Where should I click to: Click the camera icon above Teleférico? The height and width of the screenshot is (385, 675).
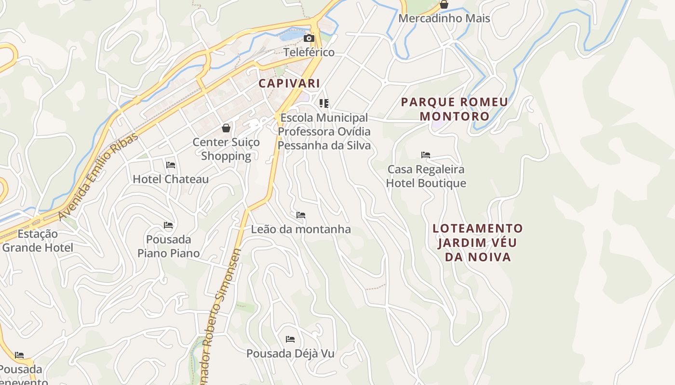tap(309, 38)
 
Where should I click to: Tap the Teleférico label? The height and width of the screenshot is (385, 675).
tap(309, 52)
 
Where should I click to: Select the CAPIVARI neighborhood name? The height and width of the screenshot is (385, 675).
tap(289, 83)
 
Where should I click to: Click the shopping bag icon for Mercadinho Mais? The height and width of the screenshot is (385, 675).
tap(444, 5)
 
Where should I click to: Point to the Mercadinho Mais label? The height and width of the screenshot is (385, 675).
tap(444, 19)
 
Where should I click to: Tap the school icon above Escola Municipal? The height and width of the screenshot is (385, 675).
tap(324, 103)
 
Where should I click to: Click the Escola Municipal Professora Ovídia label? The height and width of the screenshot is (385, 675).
tap(324, 131)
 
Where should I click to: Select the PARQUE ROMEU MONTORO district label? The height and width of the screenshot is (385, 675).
tap(454, 109)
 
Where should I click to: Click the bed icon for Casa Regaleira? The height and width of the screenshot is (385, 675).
tap(425, 155)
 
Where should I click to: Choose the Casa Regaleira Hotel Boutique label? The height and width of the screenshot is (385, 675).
tap(426, 176)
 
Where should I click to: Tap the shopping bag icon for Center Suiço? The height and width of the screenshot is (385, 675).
tap(226, 128)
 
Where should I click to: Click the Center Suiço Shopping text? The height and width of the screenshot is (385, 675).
tap(226, 149)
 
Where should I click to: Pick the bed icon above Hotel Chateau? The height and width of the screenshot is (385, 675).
tap(171, 165)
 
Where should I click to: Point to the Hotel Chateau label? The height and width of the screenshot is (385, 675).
tap(171, 179)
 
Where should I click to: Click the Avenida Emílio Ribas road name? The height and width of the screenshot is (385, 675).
tap(98, 177)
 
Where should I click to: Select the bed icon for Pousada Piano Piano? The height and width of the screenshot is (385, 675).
tap(168, 225)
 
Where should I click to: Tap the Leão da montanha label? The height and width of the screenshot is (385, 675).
tap(301, 230)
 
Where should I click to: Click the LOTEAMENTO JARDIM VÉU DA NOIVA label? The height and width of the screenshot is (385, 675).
tap(477, 243)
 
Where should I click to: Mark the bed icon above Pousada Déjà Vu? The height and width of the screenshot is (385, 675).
tap(290, 339)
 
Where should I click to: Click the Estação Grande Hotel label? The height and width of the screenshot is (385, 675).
tap(38, 241)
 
